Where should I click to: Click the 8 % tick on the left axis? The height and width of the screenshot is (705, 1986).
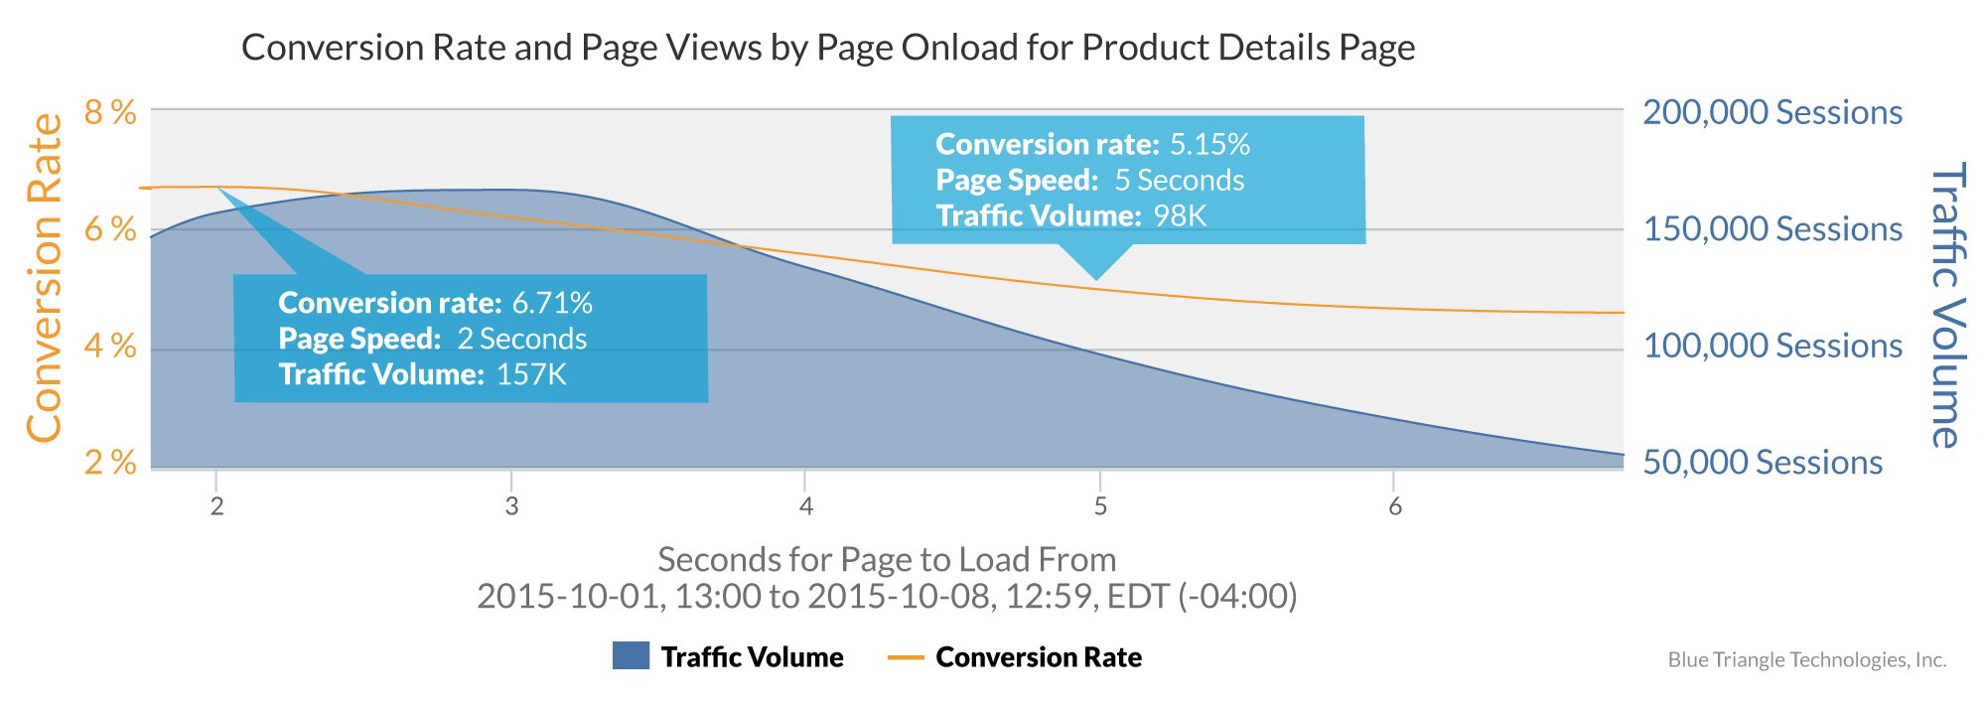click(110, 113)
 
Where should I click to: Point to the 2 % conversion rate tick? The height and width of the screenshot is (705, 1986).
click(110, 462)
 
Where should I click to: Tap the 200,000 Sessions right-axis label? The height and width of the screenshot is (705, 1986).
click(1772, 112)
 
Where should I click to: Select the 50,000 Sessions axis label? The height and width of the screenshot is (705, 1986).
click(1762, 462)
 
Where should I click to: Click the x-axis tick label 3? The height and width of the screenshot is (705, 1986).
click(511, 507)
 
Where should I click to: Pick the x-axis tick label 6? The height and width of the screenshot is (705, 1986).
click(1395, 507)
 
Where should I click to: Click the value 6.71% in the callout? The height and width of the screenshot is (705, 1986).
click(551, 303)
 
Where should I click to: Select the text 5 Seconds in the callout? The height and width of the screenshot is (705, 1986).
click(1179, 181)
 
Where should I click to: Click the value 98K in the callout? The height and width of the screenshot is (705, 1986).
click(1179, 215)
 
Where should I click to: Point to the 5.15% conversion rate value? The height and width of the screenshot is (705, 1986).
click(1208, 145)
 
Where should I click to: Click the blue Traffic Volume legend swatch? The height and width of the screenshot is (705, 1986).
click(631, 656)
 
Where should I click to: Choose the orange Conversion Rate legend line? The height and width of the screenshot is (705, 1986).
click(905, 657)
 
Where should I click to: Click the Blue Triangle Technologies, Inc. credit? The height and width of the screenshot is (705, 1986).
click(1806, 660)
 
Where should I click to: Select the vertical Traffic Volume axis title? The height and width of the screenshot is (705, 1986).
click(1946, 305)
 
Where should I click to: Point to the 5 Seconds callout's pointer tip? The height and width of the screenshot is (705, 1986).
click(1097, 279)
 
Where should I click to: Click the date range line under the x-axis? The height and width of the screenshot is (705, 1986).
click(887, 596)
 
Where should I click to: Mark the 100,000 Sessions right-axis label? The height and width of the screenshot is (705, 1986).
click(1772, 346)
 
